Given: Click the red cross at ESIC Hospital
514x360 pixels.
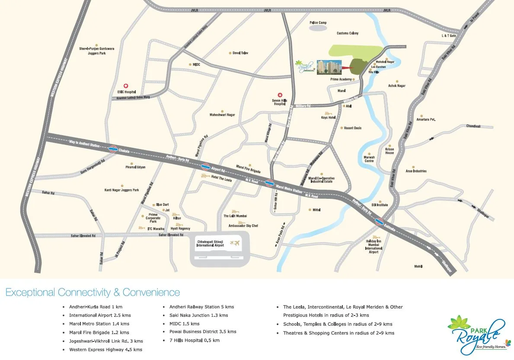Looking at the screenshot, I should (126, 86).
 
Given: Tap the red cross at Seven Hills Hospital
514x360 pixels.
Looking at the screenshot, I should (280, 95).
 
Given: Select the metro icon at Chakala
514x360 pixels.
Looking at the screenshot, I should (113, 149).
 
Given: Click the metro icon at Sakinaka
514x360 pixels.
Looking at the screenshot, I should (379, 223).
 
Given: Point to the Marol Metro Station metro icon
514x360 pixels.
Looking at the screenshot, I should (269, 183).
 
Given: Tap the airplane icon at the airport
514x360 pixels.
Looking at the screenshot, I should (235, 243).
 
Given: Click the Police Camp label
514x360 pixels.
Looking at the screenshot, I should (318, 22).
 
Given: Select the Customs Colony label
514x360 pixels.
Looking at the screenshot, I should (348, 33).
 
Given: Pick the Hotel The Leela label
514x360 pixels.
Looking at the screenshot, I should (222, 178).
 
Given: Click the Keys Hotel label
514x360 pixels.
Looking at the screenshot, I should (328, 118).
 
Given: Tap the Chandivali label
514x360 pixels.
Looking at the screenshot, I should (473, 126).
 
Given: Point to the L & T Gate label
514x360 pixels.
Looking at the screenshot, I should (449, 35).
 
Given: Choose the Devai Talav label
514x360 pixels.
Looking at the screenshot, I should (240, 53).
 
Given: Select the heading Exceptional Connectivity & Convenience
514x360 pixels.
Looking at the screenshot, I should (93, 293).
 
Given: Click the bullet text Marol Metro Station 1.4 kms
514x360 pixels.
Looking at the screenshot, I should (99, 324).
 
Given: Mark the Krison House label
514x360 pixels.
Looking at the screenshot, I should (389, 151).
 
